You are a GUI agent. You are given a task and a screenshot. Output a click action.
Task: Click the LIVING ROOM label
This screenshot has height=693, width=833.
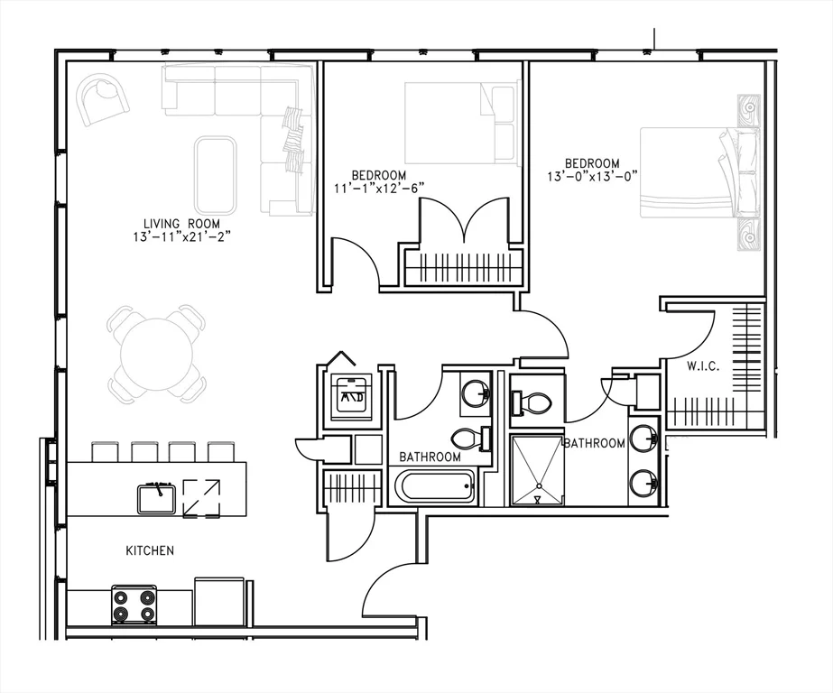coord(181,224)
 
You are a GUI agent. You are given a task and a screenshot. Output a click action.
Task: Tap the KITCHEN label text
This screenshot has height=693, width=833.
coord(150,550)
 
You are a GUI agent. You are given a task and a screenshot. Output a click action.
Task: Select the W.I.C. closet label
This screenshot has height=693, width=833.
coord(703,366)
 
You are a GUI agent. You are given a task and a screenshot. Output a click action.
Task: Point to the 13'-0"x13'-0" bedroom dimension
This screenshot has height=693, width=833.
coord(592,176)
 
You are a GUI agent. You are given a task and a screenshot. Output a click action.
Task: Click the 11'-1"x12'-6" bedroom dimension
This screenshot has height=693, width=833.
coord(379,188)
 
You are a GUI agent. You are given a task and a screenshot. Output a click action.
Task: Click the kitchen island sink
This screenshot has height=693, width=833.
coord(157,498)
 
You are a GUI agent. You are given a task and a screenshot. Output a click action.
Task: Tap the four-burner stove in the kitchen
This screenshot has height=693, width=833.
coord(134,605)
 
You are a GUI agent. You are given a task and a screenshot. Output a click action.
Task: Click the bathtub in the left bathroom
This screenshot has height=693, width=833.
coord(436,485)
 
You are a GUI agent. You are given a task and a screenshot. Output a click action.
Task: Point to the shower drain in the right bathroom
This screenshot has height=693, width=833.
coord(539,485)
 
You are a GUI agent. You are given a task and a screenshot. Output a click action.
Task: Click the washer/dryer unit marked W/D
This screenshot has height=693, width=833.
coord(351,393)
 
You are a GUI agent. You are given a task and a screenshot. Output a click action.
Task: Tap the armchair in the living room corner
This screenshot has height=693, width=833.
coord(103,98)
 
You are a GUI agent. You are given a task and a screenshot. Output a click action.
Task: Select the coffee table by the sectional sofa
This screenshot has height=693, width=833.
coord(215,175)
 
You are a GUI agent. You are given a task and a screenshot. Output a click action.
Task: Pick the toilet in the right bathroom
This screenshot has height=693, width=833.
coord(530,403)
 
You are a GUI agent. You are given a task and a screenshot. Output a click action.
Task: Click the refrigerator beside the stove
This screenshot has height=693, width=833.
coord(219,601)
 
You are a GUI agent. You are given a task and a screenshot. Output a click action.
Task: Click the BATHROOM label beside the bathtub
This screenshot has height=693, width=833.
coord(430,457)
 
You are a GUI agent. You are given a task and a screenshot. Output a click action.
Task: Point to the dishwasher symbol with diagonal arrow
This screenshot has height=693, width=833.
coord(201,498)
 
